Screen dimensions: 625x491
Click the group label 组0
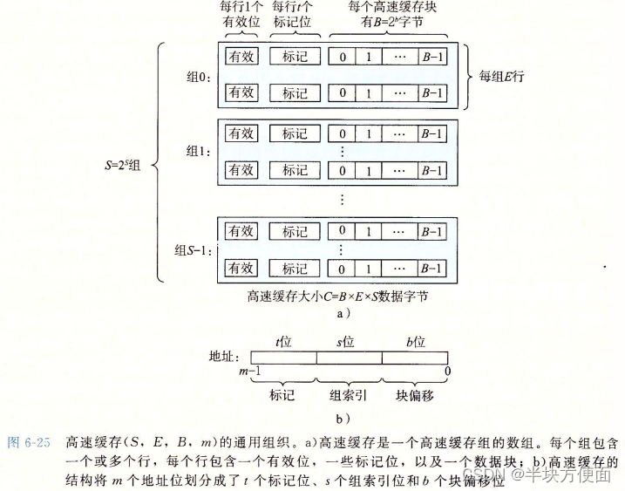point(199,76)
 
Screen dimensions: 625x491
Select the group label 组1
point(199,151)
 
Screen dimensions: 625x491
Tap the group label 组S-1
point(193,251)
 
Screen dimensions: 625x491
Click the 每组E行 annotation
point(503,76)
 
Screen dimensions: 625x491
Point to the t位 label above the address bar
point(283,342)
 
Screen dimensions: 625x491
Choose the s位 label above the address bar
point(348,342)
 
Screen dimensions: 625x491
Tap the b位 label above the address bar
point(415,342)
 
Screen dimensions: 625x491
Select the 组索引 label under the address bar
point(348,395)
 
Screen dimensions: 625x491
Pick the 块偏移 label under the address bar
point(415,395)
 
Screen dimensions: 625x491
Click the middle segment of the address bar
point(349,358)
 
